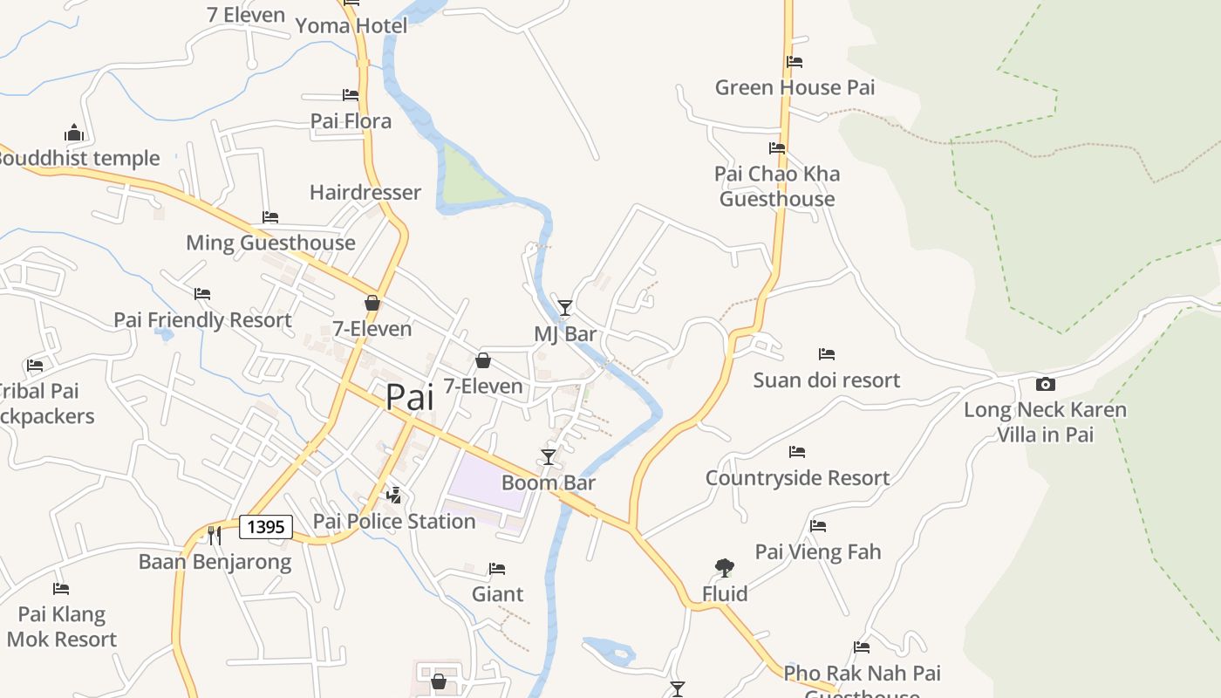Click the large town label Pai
click(409, 397)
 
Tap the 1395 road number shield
click(265, 526)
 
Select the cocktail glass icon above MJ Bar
click(565, 307)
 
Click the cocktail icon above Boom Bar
click(548, 456)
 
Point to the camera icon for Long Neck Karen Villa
click(1045, 384)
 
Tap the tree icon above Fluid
click(724, 568)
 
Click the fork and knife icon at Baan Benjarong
click(215, 535)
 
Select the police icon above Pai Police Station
click(394, 496)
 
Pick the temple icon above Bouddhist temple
click(74, 133)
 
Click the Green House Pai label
click(795, 87)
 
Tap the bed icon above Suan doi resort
click(827, 354)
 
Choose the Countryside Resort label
click(797, 478)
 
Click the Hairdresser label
click(365, 192)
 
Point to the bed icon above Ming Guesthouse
click(270, 217)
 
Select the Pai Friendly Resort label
click(202, 320)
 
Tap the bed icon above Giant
click(497, 569)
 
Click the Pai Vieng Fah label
click(818, 551)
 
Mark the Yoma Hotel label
click(351, 26)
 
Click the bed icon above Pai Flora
click(351, 94)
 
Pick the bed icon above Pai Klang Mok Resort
click(60, 589)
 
